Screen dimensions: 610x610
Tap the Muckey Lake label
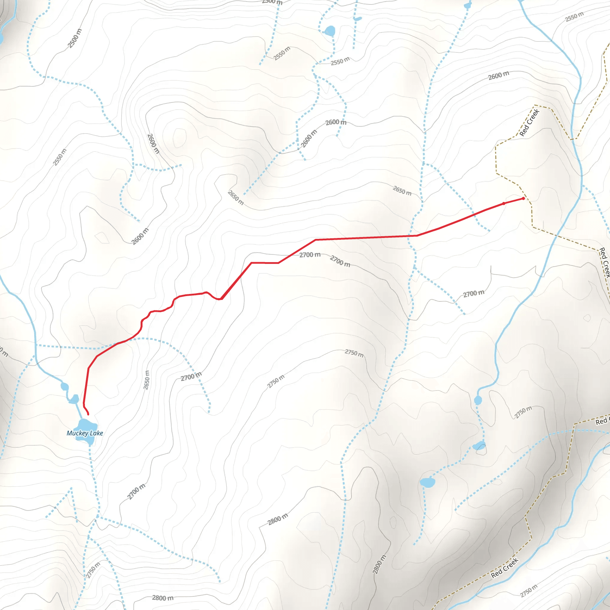85,433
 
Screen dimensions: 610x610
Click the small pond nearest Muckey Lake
74,399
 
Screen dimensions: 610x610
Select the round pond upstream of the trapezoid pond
64,386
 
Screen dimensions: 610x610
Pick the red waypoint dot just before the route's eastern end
504,204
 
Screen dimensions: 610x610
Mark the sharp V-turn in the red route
221,299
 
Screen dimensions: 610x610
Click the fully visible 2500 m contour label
74,38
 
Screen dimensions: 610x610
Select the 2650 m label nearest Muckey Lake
146,380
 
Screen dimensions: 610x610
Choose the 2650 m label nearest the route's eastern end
402,191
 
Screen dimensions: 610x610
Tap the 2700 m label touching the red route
310,255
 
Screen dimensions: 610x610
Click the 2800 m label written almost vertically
379,564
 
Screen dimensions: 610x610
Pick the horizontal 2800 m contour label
163,598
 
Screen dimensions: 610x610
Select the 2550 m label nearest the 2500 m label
60,157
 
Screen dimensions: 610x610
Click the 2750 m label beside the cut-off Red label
523,412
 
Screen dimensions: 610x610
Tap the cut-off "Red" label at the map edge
601,421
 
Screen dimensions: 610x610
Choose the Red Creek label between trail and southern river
505,568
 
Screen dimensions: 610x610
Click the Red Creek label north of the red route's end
529,123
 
